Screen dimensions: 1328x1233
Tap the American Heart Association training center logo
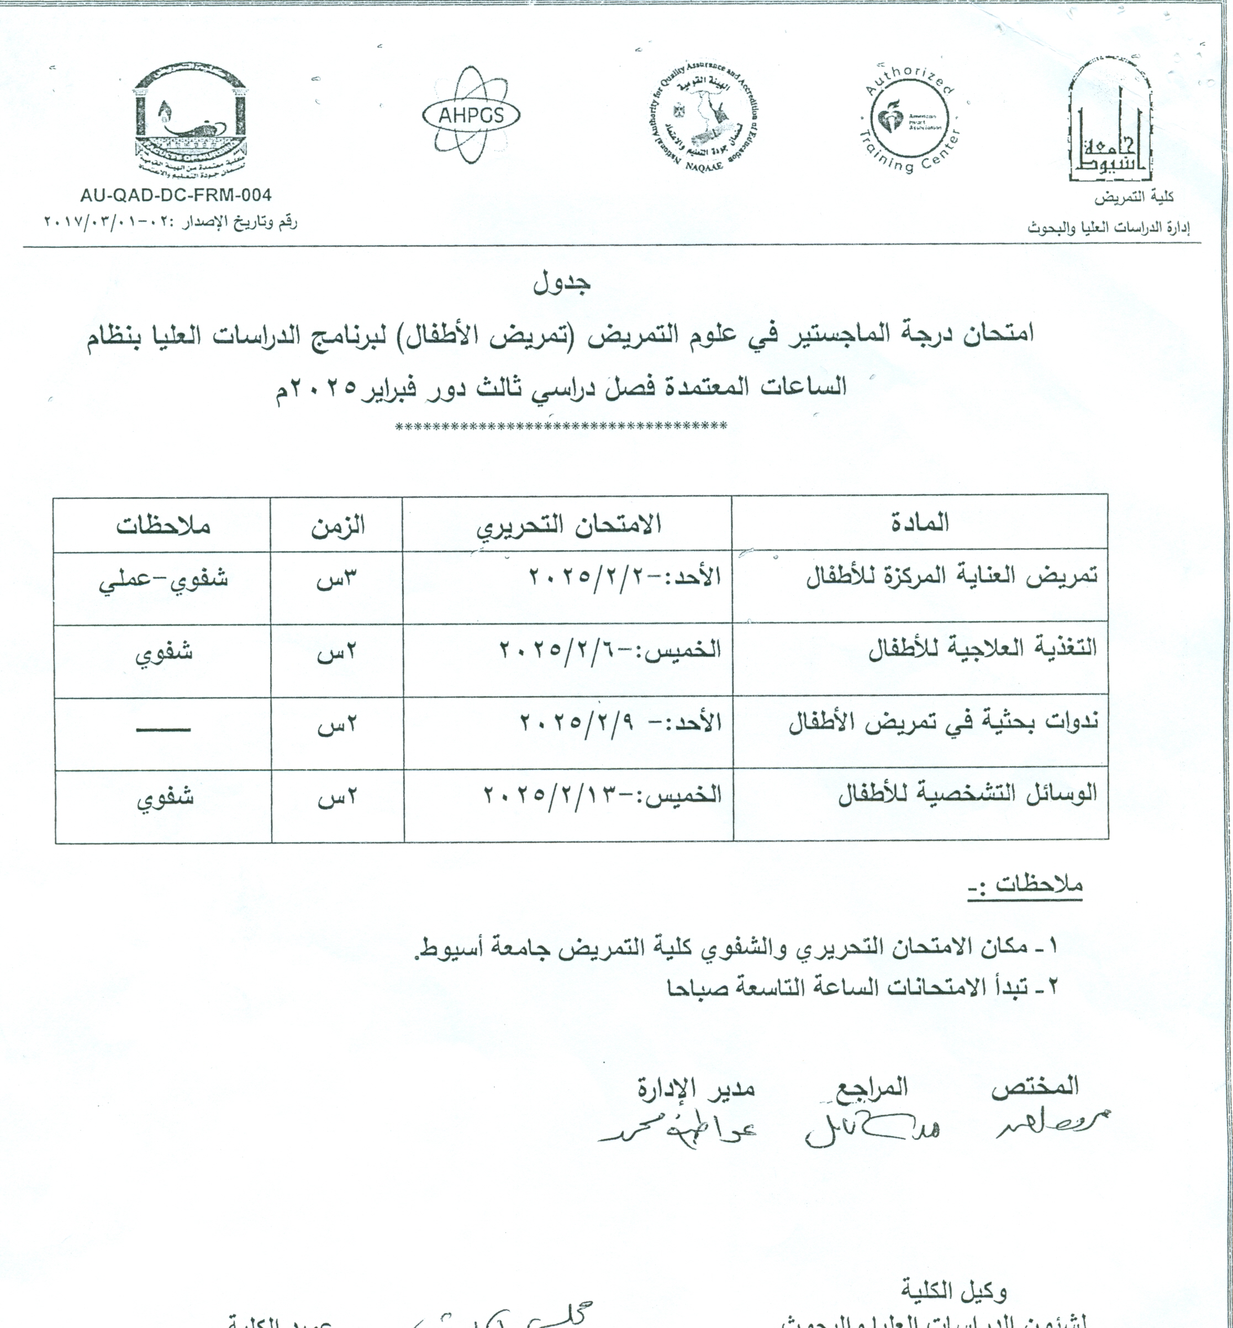click(910, 118)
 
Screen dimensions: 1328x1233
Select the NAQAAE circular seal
click(705, 119)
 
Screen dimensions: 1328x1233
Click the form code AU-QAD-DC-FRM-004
click(176, 196)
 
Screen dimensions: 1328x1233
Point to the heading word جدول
click(562, 283)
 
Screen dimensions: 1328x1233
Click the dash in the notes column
click(164, 729)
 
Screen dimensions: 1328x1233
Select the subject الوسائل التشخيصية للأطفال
click(967, 795)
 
